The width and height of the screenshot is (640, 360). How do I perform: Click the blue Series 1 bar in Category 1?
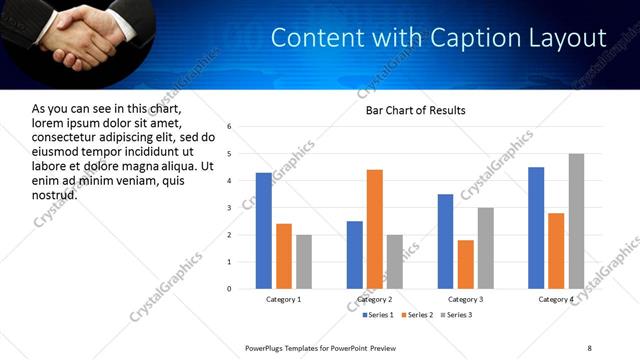263,231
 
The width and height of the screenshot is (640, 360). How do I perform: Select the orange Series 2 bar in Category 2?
374,229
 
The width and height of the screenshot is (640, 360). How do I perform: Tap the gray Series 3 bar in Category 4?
576,221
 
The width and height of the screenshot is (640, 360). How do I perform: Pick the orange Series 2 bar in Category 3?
465,264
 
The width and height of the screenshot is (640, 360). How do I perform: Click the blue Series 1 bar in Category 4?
536,228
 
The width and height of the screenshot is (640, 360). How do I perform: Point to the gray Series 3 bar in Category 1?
303,262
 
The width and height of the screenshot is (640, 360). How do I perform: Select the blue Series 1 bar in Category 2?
354,255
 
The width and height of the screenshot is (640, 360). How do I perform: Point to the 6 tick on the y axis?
230,127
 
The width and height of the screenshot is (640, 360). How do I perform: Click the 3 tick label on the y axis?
230,208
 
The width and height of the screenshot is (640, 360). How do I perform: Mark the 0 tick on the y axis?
230,289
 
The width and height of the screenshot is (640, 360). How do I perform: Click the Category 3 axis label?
465,300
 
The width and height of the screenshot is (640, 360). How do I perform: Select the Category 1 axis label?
283,300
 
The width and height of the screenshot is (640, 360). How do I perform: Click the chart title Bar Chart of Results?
415,110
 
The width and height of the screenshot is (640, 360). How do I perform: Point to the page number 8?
590,347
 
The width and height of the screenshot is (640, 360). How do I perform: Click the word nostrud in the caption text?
54,193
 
